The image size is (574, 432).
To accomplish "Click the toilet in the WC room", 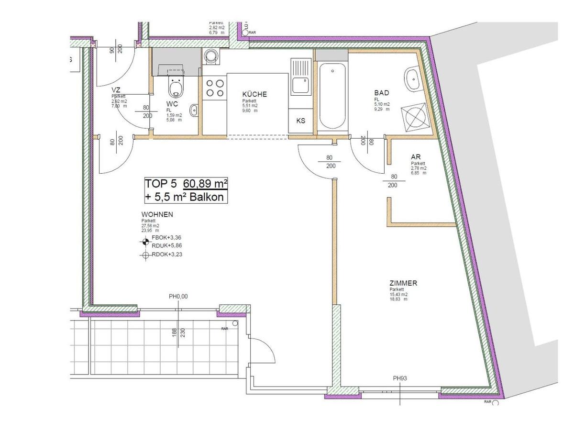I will (176, 86).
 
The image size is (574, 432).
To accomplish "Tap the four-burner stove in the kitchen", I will (214, 88).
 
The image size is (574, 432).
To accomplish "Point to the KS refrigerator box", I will (300, 121).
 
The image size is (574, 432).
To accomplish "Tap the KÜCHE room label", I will (254, 94).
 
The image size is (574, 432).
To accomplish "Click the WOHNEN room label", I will (157, 214).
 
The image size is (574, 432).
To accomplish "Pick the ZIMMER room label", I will (403, 283).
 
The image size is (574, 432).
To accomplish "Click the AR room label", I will (415, 156).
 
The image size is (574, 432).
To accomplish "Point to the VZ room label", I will (115, 90).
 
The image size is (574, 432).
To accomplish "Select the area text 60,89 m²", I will (203, 184).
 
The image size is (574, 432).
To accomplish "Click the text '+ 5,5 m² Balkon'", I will (186, 196).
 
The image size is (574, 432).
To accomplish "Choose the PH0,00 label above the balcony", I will (178, 297).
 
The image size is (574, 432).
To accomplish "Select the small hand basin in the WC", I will (193, 111).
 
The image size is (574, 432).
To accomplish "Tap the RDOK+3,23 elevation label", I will (166, 255).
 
